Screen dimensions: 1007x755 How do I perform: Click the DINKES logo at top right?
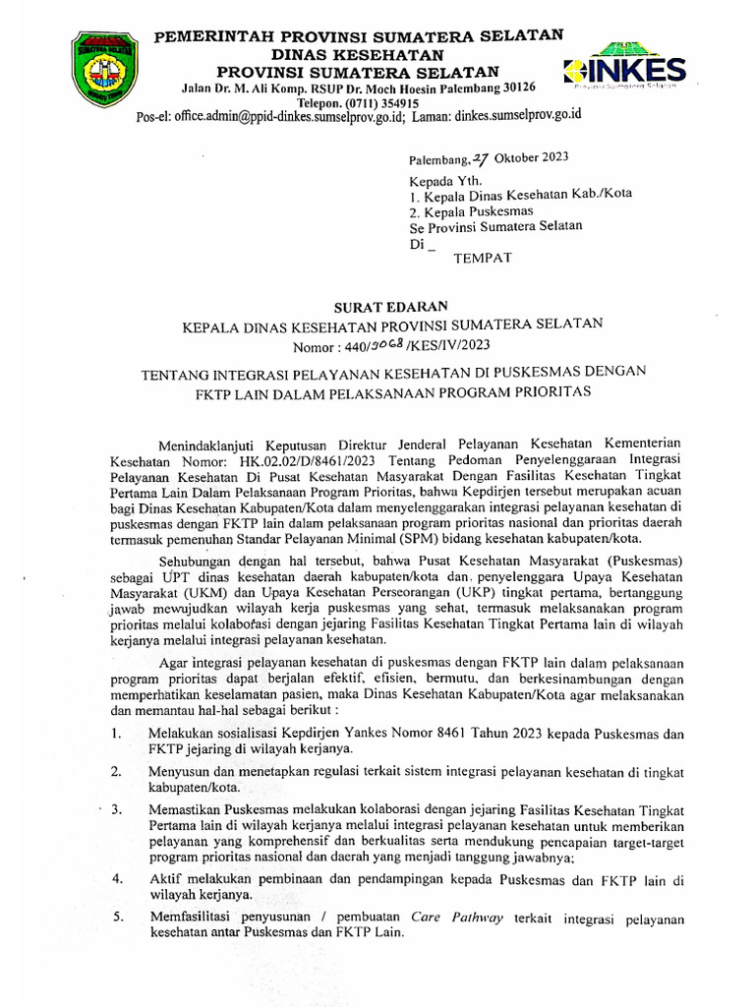coord(624,68)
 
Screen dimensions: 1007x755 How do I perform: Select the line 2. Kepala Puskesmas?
coord(471,210)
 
